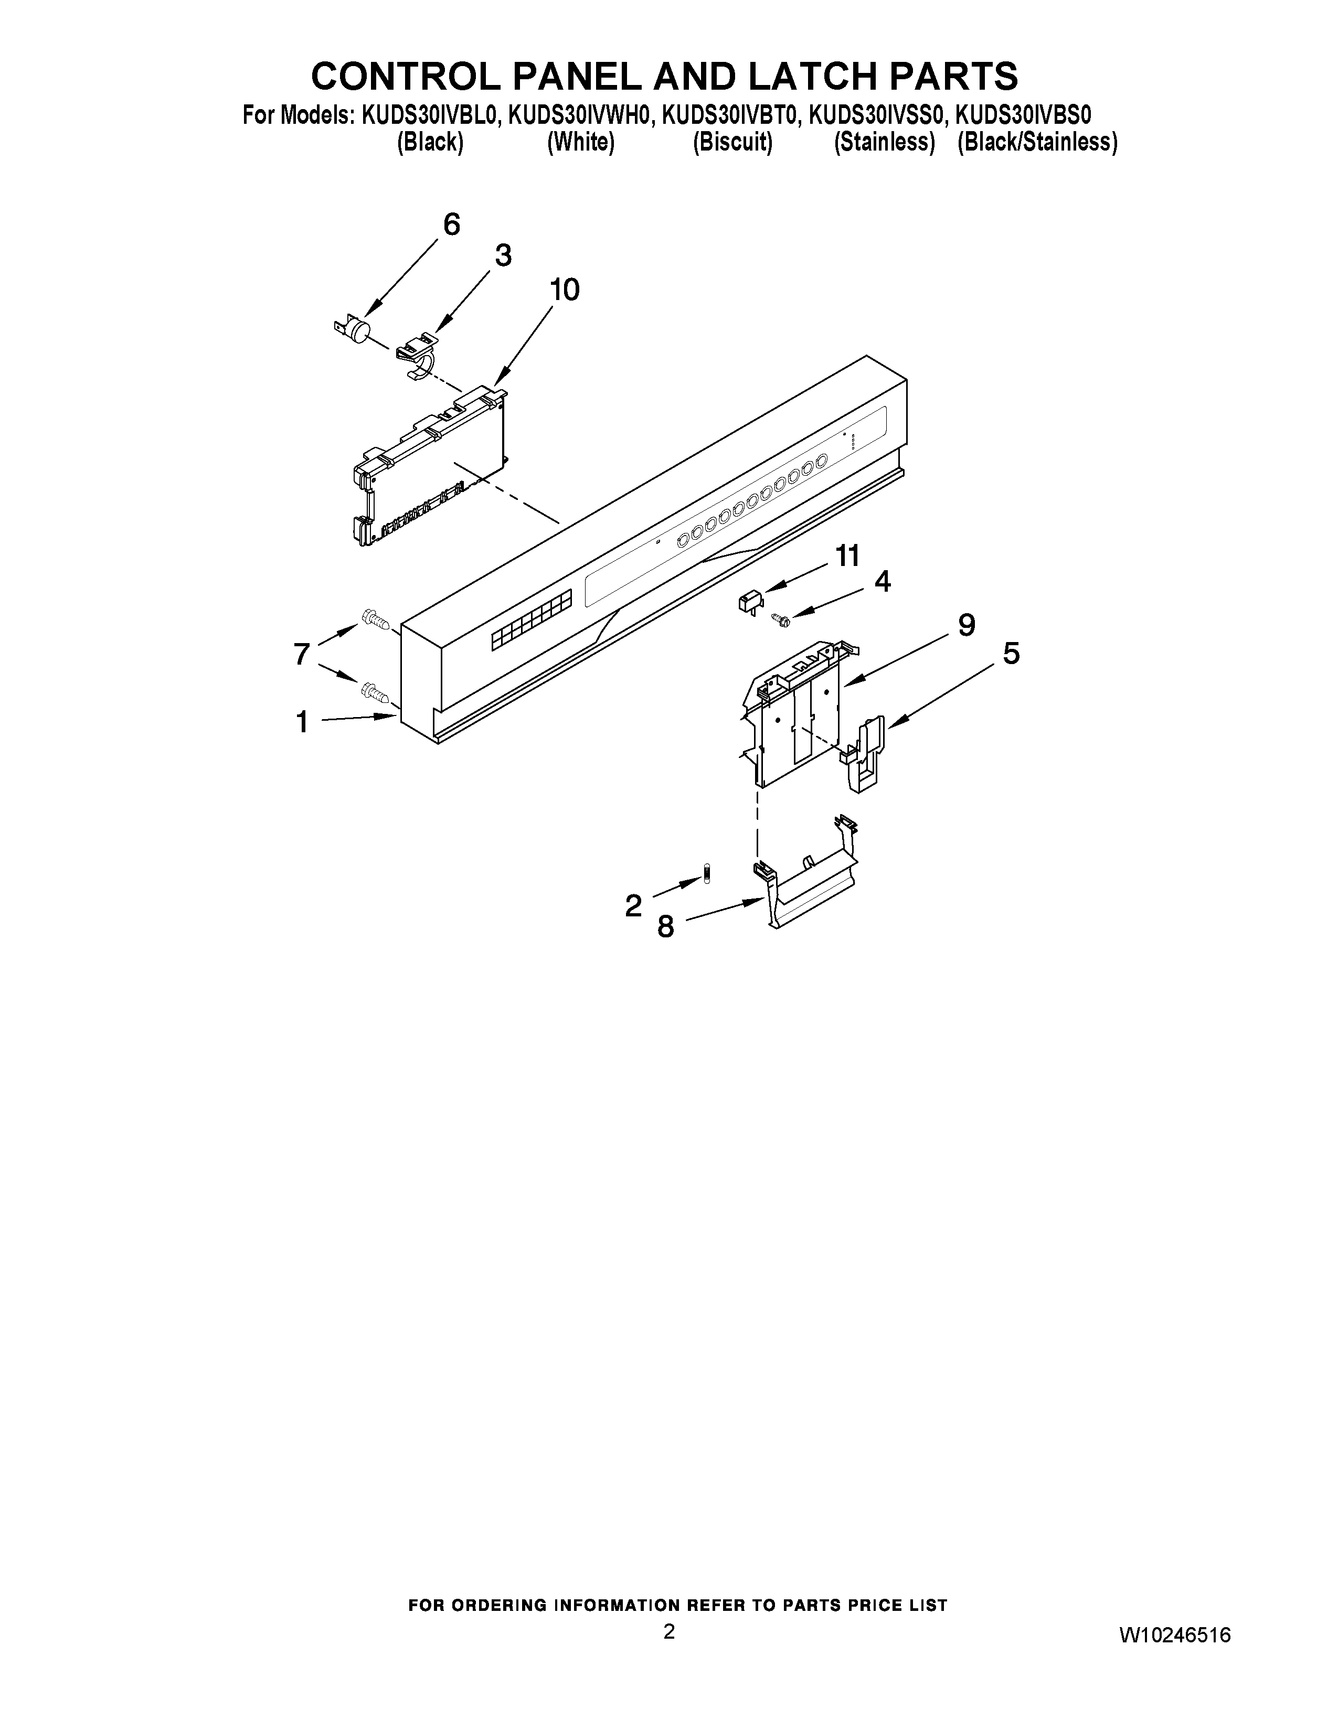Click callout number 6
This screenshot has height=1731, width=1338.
click(x=451, y=225)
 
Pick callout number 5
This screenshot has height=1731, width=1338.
click(x=1011, y=654)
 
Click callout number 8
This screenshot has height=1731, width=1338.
click(x=665, y=926)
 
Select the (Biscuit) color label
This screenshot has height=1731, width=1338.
click(x=732, y=143)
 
